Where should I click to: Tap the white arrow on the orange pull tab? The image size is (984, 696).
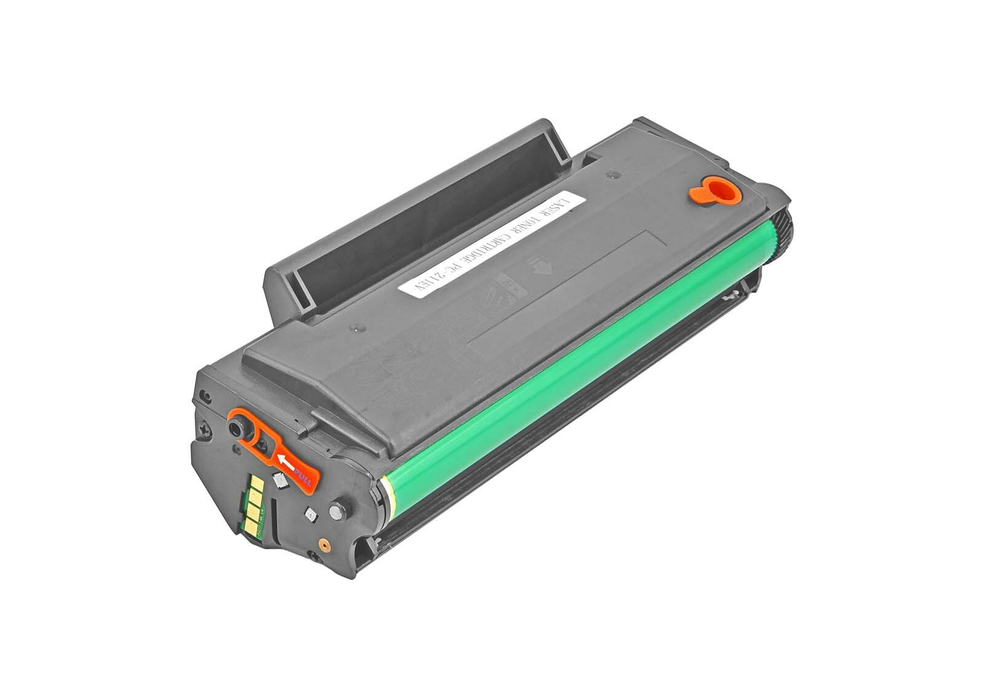tap(286, 460)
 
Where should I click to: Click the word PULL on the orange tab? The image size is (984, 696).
tap(302, 477)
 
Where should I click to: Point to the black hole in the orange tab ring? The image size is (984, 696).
tap(235, 428)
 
